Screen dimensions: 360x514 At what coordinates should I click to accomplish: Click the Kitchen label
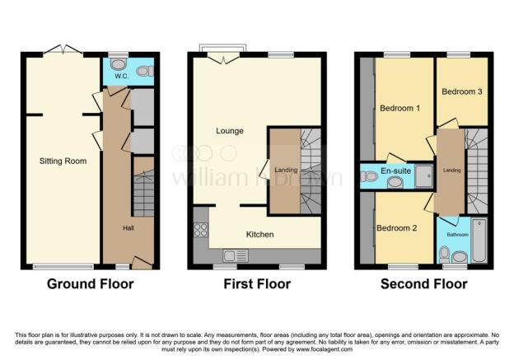259,234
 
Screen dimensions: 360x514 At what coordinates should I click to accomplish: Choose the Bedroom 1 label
400,108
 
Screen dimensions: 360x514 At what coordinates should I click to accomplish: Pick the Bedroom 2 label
397,227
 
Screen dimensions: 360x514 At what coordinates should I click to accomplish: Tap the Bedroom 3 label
461,92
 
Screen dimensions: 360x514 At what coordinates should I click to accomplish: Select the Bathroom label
457,235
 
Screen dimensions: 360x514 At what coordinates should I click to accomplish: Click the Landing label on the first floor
285,171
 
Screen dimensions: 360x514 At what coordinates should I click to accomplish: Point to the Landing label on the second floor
451,171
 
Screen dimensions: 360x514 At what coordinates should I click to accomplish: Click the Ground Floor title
91,284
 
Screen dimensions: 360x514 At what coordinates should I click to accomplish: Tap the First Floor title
257,284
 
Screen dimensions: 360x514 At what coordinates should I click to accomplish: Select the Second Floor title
423,284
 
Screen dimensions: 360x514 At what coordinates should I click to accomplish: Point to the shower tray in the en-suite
424,175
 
